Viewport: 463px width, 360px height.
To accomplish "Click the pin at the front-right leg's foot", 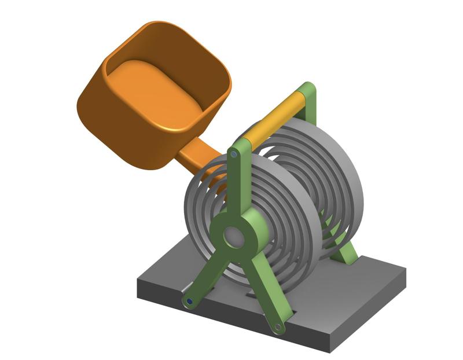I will [x=278, y=326].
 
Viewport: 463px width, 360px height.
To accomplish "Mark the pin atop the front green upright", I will [x=233, y=155].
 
